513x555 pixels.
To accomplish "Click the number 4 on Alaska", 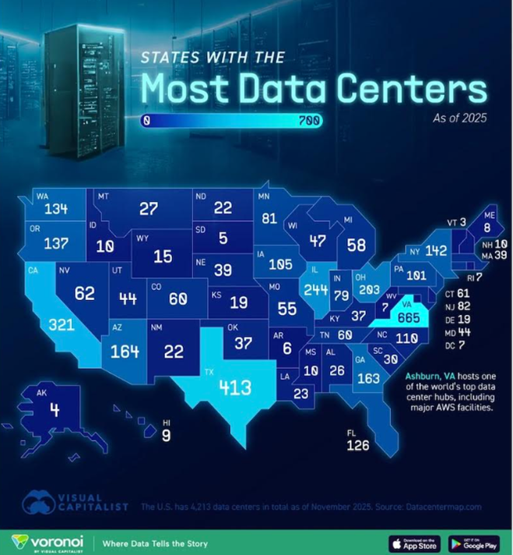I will [x=54, y=408].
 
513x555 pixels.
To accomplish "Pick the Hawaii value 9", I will [x=166, y=437].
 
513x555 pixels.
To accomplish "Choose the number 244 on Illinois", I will [x=315, y=290].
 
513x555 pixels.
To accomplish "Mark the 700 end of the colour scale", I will [x=308, y=121].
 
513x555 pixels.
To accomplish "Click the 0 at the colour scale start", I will [x=146, y=121].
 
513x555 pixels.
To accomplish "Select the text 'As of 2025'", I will [x=459, y=118].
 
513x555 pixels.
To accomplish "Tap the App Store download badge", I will [x=413, y=543].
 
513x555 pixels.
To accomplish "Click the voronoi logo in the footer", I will [x=47, y=542].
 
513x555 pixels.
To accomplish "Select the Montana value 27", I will [x=149, y=209].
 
